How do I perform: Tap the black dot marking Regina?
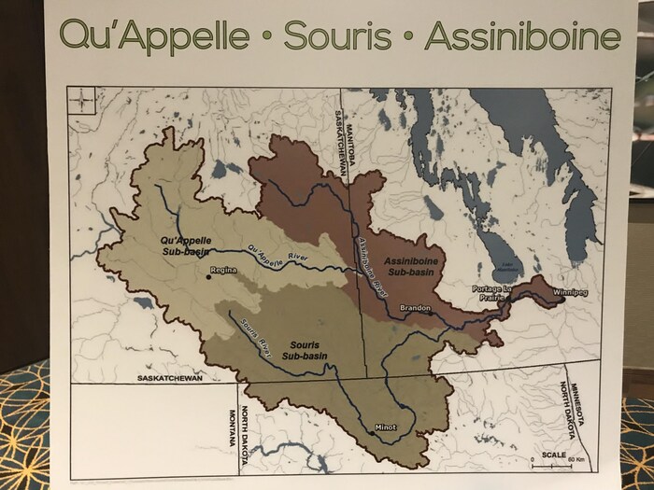click(x=208, y=276)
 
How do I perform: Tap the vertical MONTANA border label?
click(x=224, y=432)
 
